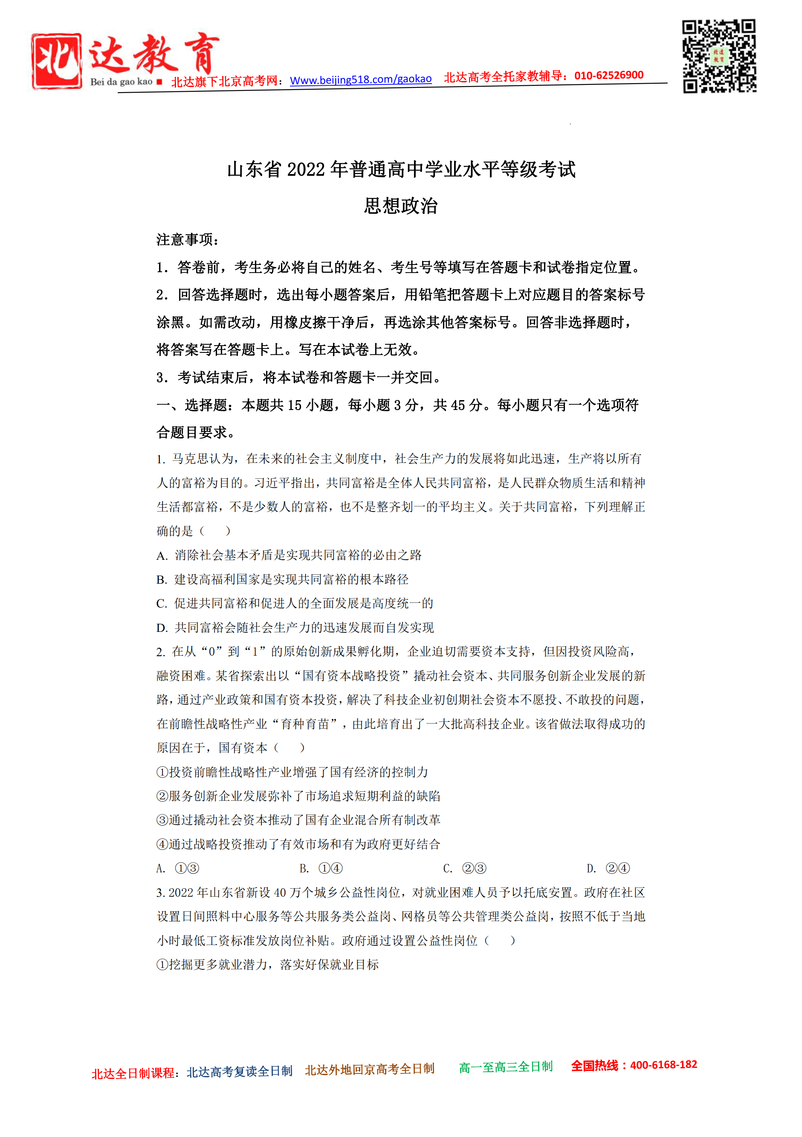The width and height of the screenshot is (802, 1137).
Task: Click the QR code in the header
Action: (719, 56)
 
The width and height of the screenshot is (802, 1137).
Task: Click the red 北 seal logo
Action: (56, 61)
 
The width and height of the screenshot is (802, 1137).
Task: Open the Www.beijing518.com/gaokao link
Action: (361, 79)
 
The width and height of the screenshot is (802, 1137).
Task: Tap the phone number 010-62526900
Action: (608, 75)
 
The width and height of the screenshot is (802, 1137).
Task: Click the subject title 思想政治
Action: (401, 206)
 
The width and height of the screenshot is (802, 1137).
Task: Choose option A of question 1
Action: (289, 555)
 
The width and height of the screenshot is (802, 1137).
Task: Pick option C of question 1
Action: (295, 603)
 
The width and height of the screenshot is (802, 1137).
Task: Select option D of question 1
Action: (295, 628)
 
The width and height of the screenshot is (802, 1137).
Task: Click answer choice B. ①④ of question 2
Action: (321, 868)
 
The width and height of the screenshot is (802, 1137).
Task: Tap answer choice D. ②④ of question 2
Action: (608, 868)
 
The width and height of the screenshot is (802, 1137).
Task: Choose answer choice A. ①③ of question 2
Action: (178, 868)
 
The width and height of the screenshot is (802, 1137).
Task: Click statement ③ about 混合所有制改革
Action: (298, 820)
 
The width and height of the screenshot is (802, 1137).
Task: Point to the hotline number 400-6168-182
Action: (663, 1065)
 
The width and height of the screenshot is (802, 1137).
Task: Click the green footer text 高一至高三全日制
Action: (506, 1067)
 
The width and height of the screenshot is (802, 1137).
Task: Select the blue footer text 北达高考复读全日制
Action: (240, 1072)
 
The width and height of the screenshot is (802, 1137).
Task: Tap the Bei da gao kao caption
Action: (121, 82)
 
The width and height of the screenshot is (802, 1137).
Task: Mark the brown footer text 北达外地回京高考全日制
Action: (370, 1070)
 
